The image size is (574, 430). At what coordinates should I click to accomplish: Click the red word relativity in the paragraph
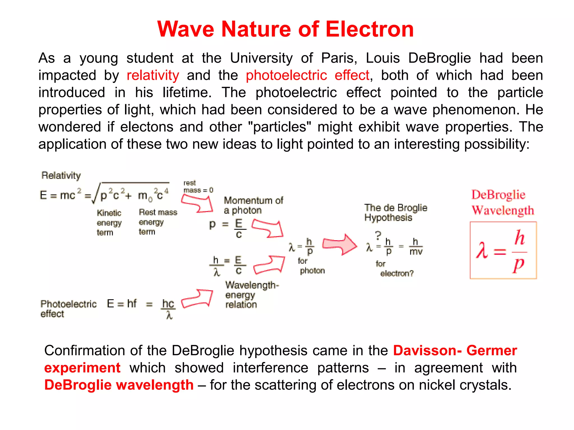click(x=153, y=75)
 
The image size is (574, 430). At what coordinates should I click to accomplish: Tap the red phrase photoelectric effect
click(x=307, y=75)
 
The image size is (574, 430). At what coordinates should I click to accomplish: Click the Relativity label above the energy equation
click(x=61, y=176)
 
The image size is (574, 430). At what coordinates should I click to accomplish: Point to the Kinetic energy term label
click(x=109, y=223)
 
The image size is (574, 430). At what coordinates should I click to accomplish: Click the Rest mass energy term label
click(x=158, y=222)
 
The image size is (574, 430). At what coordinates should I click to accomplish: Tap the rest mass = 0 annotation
click(x=198, y=186)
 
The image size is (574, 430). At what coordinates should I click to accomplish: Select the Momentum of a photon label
click(x=253, y=205)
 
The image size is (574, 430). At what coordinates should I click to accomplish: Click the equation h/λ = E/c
click(x=228, y=265)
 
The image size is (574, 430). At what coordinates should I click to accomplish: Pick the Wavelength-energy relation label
click(x=251, y=295)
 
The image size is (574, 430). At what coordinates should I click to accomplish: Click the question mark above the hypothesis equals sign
click(x=378, y=235)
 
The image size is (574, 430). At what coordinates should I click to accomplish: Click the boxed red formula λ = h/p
click(x=503, y=250)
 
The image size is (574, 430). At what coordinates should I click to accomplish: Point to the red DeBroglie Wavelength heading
click(x=503, y=202)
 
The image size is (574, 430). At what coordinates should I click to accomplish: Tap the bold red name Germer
click(x=492, y=350)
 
